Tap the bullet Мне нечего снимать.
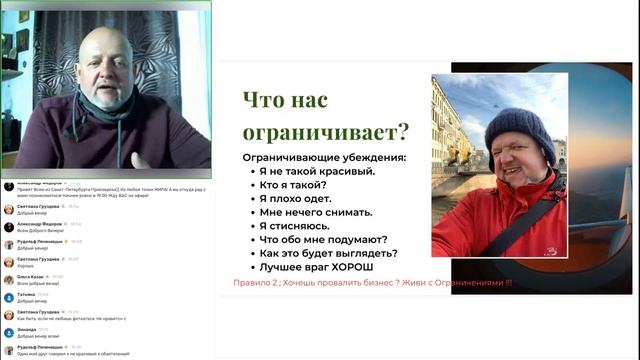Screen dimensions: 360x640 [316, 212]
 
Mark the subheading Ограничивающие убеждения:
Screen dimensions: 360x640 [325, 158]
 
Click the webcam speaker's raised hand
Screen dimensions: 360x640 [141, 159]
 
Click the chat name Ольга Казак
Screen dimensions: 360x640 [30, 277]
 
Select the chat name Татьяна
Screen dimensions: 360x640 [25, 294]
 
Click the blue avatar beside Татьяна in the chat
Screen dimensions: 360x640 [8, 297]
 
